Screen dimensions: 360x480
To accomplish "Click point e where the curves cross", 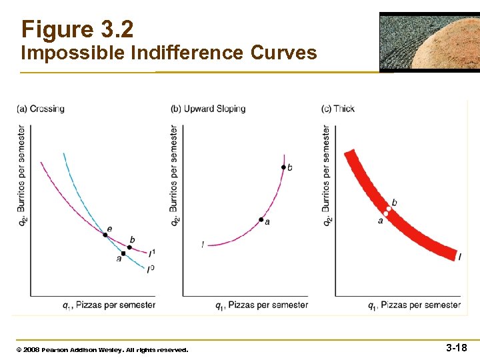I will tap(105, 234).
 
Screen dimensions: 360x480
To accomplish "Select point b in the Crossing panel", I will tap(129, 247).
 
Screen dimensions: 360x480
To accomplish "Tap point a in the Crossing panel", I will tap(123, 253).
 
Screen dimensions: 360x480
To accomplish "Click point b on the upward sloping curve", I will tap(283, 167).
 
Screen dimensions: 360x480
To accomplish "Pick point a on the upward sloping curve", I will tap(261, 219).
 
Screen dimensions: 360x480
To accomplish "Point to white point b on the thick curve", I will tap(389, 209).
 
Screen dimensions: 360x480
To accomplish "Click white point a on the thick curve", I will tap(386, 214).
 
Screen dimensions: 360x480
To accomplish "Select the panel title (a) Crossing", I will tap(41, 109).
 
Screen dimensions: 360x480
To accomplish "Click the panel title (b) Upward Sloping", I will tap(208, 109).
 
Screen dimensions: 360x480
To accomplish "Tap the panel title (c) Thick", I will tap(338, 109).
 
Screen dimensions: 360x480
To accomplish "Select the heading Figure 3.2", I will tap(77, 29).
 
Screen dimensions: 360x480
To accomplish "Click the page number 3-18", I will tap(457, 347).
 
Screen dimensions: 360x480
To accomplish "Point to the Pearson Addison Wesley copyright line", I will tap(102, 349).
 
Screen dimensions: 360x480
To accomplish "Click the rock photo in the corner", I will tap(429, 41).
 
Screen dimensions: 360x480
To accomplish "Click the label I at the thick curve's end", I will tap(460, 257).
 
